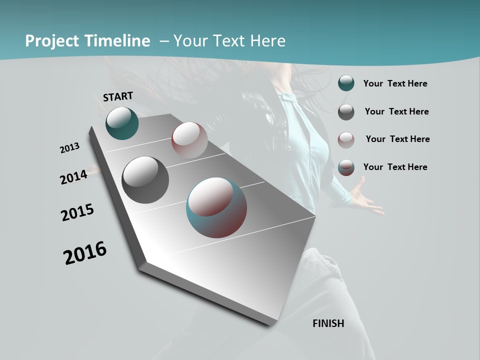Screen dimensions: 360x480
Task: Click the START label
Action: [118, 96]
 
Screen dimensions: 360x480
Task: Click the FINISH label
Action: [328, 323]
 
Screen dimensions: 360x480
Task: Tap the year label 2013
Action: [70, 148]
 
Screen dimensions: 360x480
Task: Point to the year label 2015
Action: [77, 212]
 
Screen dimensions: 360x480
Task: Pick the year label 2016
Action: [85, 253]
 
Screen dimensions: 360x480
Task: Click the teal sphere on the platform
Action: [122, 123]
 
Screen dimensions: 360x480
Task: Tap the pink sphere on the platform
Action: [189, 140]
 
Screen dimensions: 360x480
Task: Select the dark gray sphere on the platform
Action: [145, 179]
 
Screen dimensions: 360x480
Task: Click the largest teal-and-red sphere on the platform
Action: [216, 207]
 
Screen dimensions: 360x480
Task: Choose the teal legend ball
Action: [346, 83]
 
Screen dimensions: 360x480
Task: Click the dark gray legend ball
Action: [346, 112]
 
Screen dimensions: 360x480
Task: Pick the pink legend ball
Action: [346, 139]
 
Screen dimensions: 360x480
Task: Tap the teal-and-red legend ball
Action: [346, 167]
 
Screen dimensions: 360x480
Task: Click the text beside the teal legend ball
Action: [395, 83]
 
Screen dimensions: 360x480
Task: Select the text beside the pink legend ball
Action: [397, 139]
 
